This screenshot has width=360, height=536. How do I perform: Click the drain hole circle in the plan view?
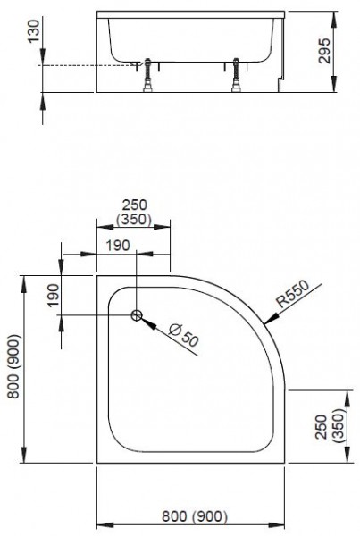(137, 314)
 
